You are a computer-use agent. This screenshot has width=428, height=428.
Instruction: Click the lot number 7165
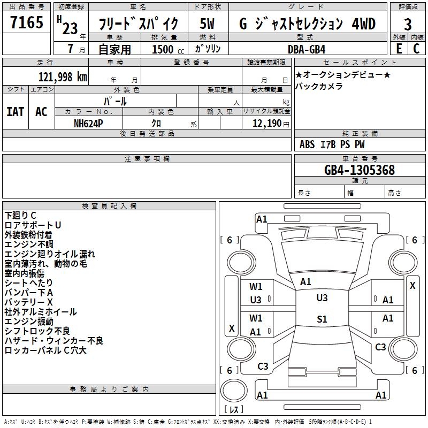[x=27, y=24]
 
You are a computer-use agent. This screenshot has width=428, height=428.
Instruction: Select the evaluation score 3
[x=408, y=24]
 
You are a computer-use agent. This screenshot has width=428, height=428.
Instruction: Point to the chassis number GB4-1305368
[x=359, y=170]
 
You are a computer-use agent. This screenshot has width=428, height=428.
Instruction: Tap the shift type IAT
[x=15, y=112]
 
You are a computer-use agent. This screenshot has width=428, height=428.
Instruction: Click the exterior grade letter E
[x=399, y=49]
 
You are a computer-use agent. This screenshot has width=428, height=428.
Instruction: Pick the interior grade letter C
[x=416, y=49]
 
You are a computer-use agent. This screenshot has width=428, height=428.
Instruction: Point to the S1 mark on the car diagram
[x=322, y=319]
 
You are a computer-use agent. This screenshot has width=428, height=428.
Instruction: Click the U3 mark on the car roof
[x=322, y=298]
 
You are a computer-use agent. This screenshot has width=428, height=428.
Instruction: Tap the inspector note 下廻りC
[x=20, y=215]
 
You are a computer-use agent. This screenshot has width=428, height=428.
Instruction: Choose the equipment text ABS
[x=307, y=144]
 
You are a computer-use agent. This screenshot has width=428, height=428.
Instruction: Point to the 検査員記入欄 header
[x=109, y=205]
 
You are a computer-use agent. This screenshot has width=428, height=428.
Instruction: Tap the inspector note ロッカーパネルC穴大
[x=45, y=350]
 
